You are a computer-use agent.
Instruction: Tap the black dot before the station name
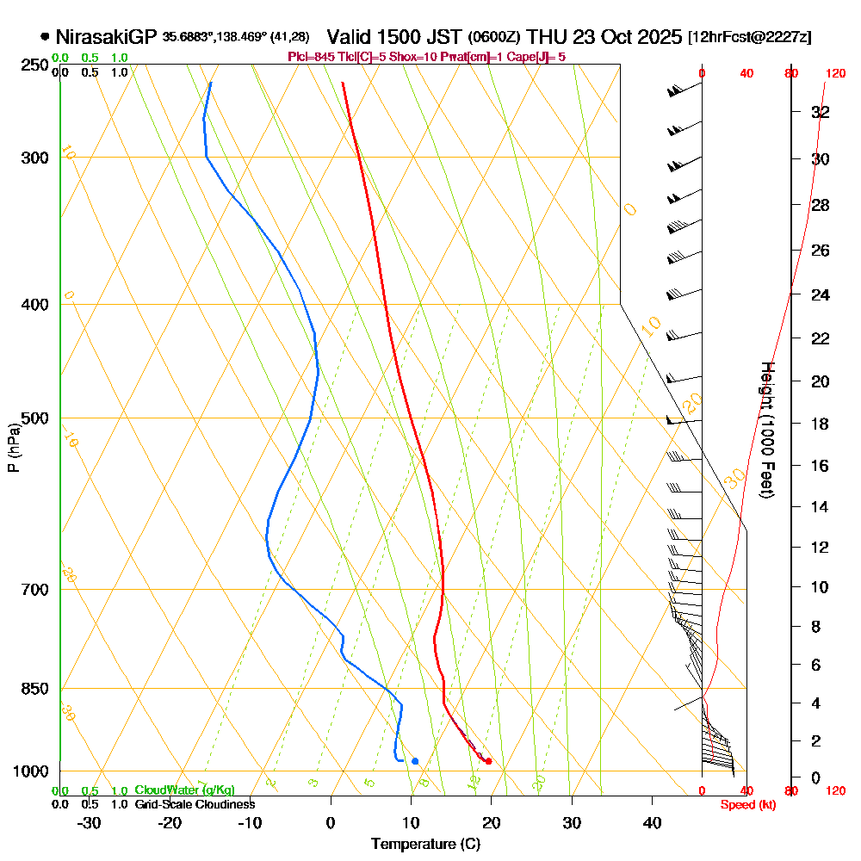(45, 37)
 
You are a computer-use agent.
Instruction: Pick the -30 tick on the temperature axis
(90, 822)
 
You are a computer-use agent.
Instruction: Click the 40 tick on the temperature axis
(653, 822)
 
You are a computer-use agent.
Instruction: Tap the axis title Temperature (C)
(425, 845)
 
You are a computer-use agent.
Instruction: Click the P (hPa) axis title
(14, 448)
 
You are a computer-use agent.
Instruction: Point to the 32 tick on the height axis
(821, 112)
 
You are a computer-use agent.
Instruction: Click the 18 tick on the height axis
(821, 424)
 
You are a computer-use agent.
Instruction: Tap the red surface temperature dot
(488, 761)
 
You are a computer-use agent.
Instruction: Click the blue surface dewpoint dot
(415, 761)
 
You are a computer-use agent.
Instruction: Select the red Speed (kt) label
(746, 804)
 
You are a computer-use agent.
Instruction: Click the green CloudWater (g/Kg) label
(184, 790)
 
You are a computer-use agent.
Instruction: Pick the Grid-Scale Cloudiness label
(195, 804)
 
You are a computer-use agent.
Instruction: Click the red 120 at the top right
(835, 74)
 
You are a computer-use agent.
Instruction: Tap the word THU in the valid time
(545, 37)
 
